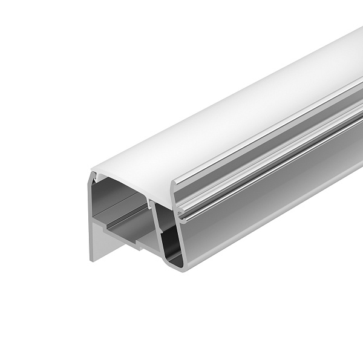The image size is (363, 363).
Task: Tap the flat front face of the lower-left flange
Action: (100, 239)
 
